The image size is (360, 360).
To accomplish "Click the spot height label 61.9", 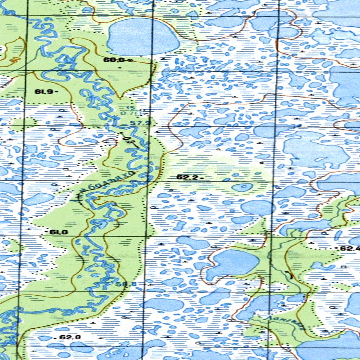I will point(44,92).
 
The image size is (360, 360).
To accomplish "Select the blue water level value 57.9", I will point(140,123).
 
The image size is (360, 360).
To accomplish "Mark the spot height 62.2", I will point(187,177).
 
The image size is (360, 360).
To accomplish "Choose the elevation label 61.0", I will point(58,232).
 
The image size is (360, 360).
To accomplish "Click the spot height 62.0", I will point(70,337).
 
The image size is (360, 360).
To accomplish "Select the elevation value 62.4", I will point(350,249).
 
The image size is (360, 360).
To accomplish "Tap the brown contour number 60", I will point(14,60).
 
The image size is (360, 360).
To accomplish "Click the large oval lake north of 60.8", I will point(142,37).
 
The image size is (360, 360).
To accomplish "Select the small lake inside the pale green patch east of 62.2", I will point(243,187).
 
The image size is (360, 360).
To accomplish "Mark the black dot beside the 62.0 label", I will point(56,337).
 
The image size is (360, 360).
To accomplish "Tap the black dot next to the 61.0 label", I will point(47,232).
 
